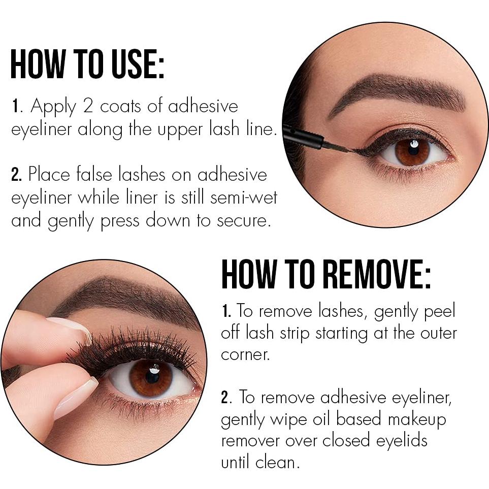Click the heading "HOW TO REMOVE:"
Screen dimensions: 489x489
(x=325, y=274)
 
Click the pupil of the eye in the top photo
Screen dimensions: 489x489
(x=413, y=151)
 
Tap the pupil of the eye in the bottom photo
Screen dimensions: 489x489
(x=152, y=377)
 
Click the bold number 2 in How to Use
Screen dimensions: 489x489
(x=16, y=175)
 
